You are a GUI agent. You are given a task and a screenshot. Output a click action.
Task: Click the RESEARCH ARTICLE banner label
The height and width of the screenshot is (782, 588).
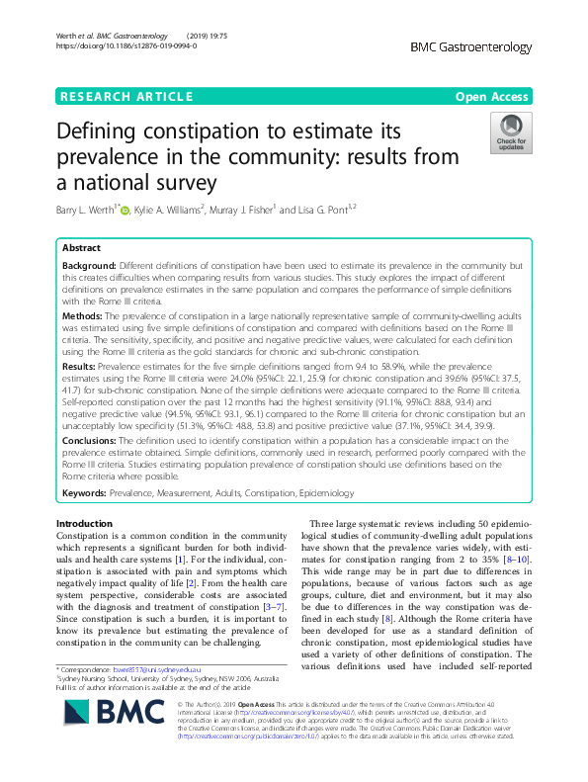(x=126, y=96)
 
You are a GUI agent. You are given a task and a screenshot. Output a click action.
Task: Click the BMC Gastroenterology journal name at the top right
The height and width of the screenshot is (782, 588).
(x=471, y=46)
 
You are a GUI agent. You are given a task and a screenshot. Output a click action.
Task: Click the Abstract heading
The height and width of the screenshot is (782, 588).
(x=82, y=248)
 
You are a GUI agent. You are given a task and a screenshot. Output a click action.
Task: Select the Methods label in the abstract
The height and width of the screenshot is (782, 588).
(x=84, y=313)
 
